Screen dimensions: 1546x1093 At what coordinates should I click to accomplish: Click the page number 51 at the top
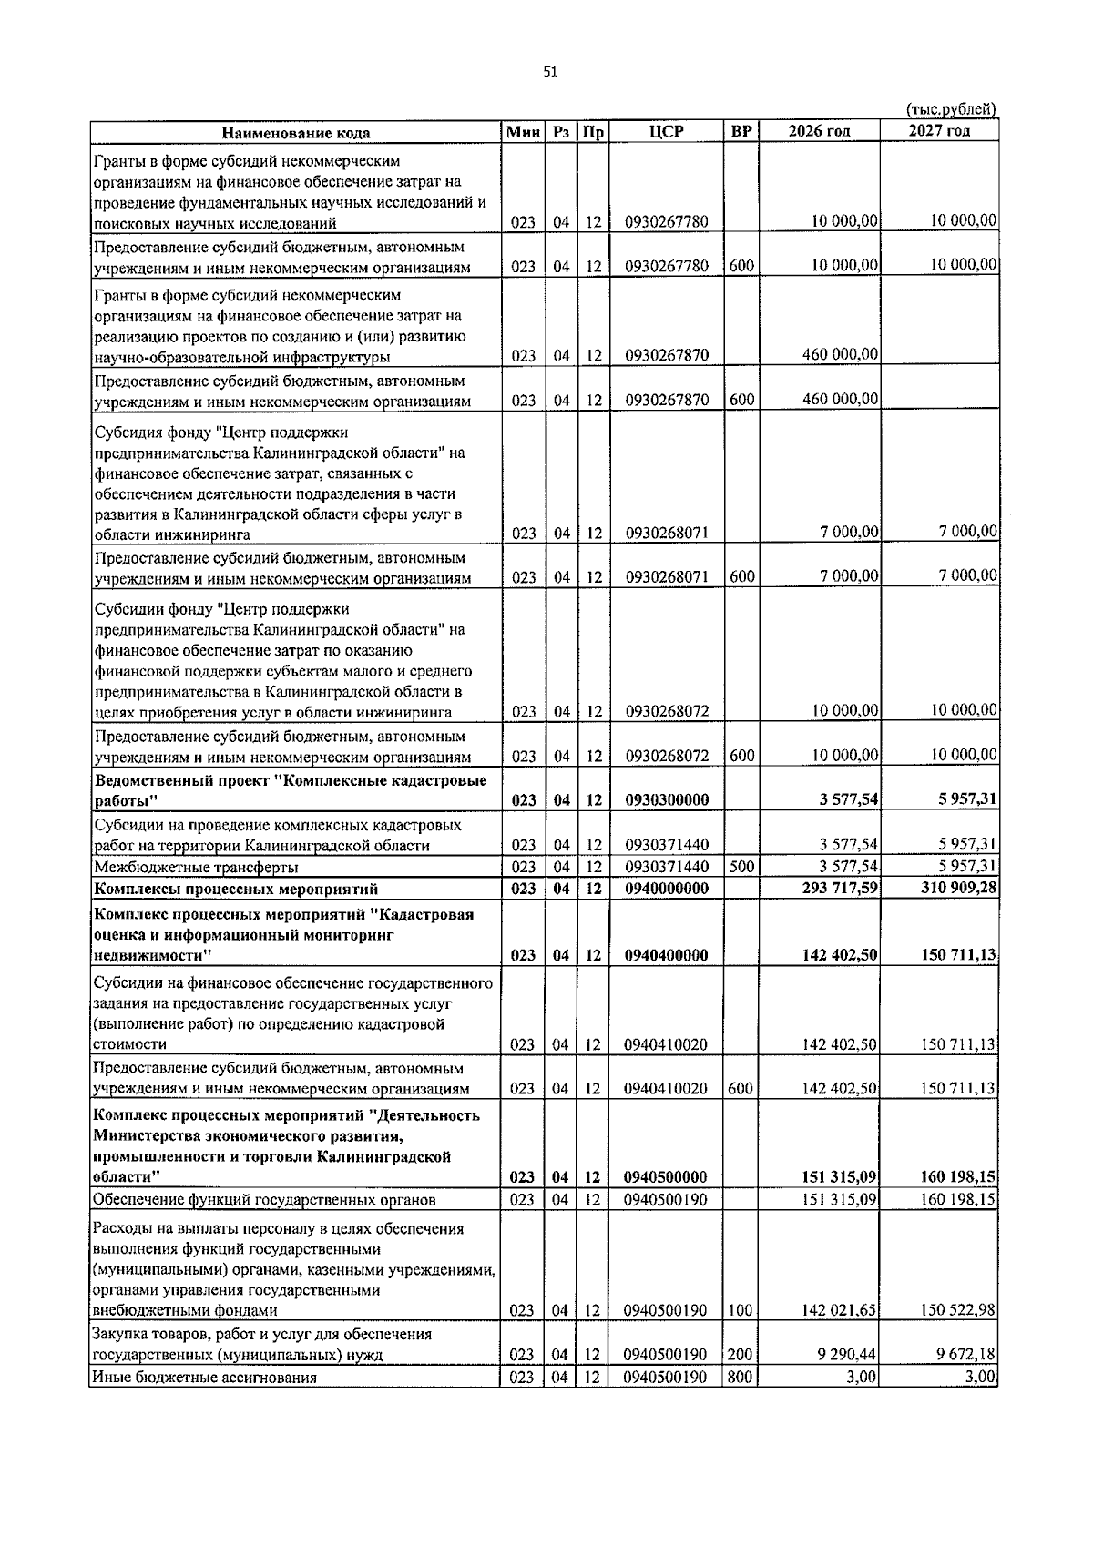click(549, 73)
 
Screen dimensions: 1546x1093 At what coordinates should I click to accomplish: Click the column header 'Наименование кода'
click(296, 133)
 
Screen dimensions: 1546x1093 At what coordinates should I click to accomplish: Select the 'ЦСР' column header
click(667, 131)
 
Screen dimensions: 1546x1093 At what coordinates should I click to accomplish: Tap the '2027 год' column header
click(939, 130)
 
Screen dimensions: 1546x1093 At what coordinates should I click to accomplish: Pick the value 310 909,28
click(958, 888)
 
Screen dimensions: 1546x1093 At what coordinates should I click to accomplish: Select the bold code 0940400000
click(667, 956)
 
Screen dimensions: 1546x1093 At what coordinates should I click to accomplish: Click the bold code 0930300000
click(667, 800)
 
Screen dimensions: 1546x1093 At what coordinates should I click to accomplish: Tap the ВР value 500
click(741, 866)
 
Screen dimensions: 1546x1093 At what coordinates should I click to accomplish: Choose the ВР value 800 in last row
click(741, 1378)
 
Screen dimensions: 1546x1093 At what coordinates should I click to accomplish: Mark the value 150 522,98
click(957, 1310)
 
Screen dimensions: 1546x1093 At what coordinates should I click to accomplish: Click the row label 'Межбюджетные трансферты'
click(196, 867)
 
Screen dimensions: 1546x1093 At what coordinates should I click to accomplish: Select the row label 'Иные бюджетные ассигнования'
click(205, 1378)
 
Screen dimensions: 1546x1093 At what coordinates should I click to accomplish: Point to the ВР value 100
click(741, 1311)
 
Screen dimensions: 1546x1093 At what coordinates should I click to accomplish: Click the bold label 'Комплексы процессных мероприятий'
click(237, 889)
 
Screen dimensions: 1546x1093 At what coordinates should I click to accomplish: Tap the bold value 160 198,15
click(957, 1178)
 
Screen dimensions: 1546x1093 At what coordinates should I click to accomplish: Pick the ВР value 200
click(741, 1355)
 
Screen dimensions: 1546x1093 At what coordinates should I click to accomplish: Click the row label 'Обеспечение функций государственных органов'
click(264, 1200)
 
